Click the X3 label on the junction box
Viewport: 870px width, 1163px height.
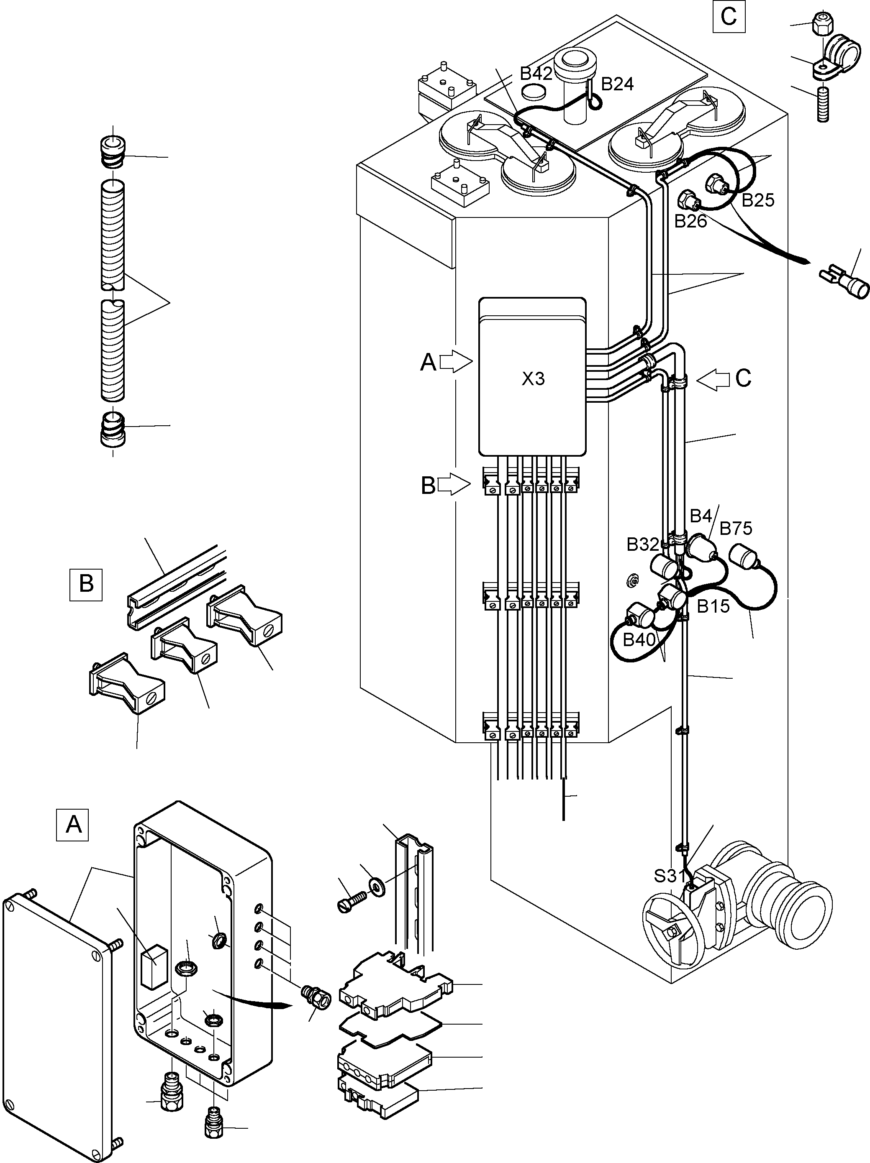pyautogui.click(x=533, y=379)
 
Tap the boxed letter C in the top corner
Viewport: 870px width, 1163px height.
pyautogui.click(x=729, y=17)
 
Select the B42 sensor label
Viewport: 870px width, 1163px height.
pyautogui.click(x=536, y=74)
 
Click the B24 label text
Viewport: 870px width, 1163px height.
pyautogui.click(x=618, y=84)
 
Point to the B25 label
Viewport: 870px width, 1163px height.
pyautogui.click(x=758, y=200)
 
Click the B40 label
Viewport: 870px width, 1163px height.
pyautogui.click(x=639, y=640)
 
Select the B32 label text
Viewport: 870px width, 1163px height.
pyautogui.click(x=643, y=544)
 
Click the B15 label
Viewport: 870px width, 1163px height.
pyautogui.click(x=713, y=607)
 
